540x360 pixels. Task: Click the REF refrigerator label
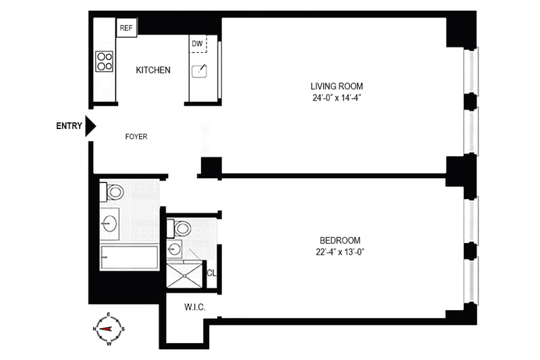126,28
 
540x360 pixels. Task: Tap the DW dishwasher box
198,44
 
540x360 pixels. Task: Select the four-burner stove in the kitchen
105,61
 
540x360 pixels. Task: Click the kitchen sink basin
199,72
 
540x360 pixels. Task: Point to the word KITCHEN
153,70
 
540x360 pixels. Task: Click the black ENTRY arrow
90,126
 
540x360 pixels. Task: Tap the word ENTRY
70,126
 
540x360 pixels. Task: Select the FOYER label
136,136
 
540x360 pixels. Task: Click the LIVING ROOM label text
337,86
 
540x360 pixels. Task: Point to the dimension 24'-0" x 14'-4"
337,98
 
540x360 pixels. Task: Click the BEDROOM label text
340,240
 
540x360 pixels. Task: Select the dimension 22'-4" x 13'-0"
340,252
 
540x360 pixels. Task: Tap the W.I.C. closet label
195,307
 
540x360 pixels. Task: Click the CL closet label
211,273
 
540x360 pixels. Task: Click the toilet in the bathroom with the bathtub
112,192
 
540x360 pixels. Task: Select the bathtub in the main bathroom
129,258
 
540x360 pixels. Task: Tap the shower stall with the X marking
184,276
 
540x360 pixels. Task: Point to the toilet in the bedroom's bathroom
179,228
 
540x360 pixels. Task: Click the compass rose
109,329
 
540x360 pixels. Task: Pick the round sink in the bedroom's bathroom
174,249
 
